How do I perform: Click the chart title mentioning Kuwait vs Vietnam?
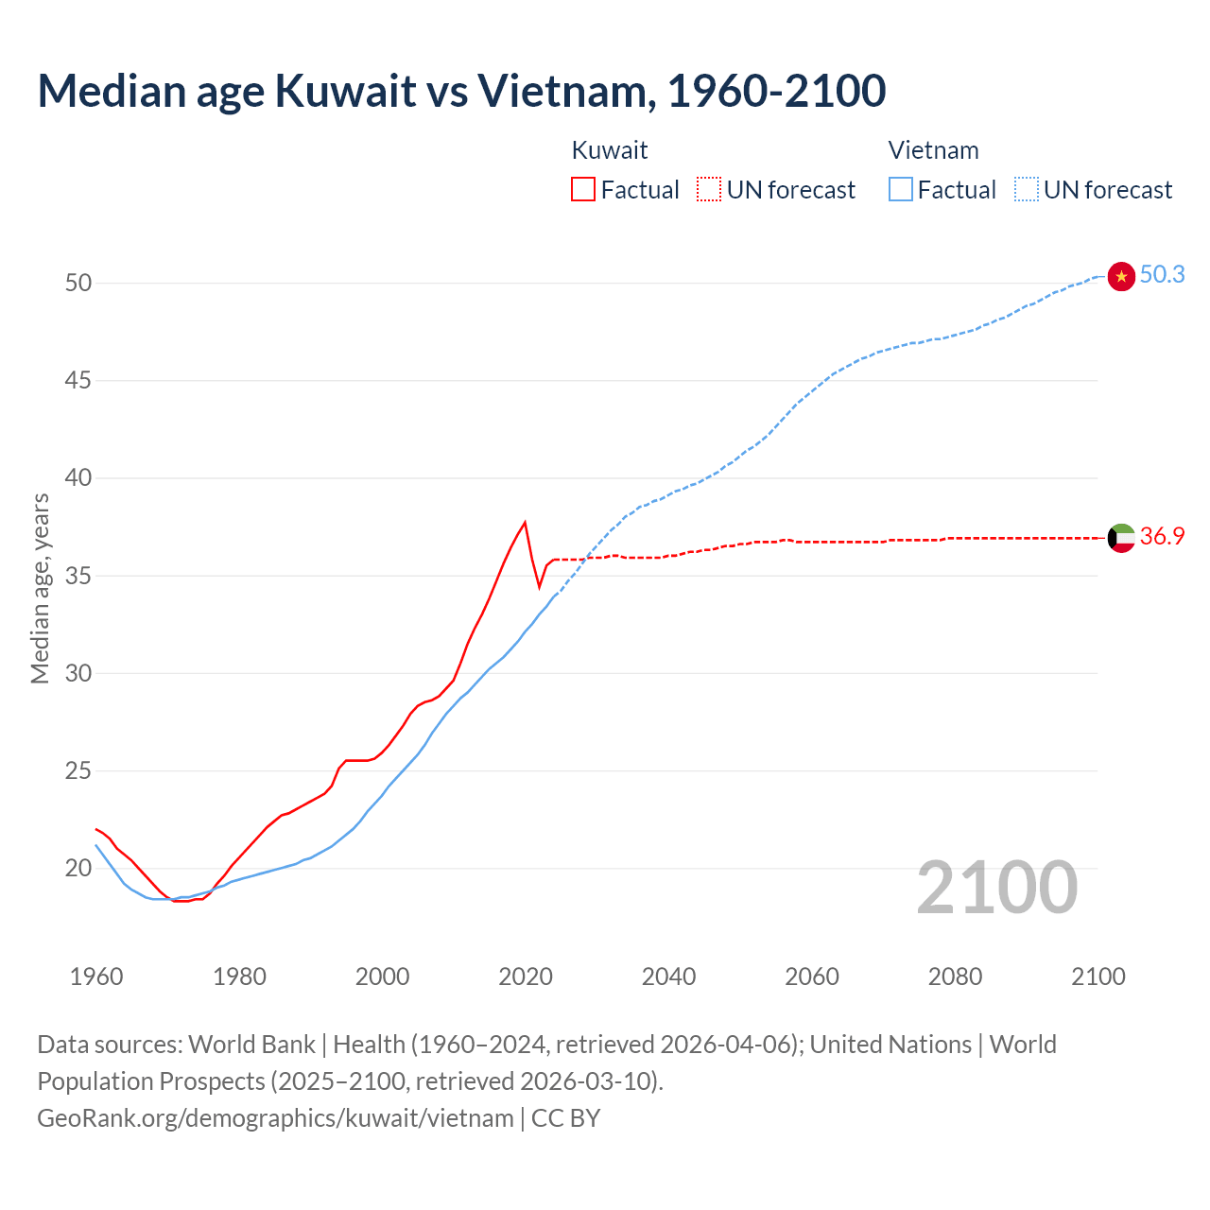(461, 91)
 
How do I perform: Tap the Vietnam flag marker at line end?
(1120, 276)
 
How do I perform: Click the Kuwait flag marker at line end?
(1120, 538)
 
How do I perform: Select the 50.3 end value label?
(1162, 274)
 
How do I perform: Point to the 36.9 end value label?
(1162, 536)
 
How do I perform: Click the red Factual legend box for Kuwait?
(583, 189)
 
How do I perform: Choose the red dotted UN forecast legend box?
(709, 189)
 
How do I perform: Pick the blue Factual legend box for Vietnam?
(900, 189)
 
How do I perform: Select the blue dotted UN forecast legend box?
(1026, 189)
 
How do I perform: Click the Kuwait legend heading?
(610, 150)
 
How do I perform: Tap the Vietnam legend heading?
(933, 150)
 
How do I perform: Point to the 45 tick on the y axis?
(78, 380)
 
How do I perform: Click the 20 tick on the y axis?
(78, 868)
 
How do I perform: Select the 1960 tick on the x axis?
(96, 977)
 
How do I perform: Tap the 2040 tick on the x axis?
(668, 977)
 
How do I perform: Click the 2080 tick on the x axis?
(955, 977)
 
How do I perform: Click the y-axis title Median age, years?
(40, 588)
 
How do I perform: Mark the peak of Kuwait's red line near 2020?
(525, 522)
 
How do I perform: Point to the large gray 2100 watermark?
(997, 887)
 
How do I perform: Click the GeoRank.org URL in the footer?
(275, 1118)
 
